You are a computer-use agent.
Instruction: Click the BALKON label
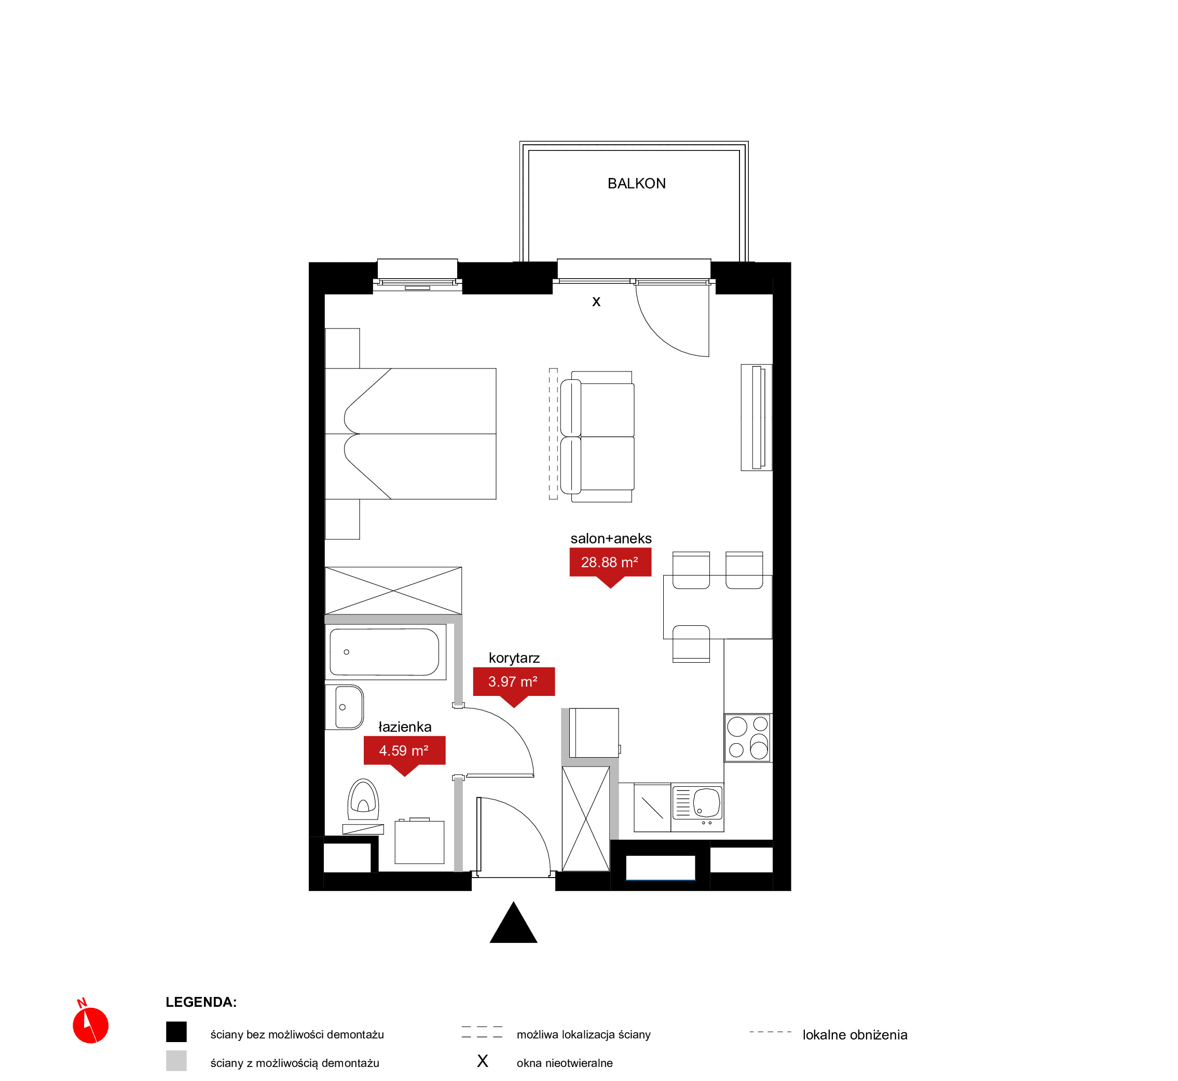(636, 184)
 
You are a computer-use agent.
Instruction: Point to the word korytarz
(514, 658)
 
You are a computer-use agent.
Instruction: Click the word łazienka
(405, 727)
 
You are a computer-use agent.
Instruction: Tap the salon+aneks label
(611, 539)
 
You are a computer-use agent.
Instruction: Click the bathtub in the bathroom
(385, 652)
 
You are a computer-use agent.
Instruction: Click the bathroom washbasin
(344, 707)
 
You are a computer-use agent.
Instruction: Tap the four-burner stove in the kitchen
(747, 737)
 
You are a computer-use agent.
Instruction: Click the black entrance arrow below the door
(514, 923)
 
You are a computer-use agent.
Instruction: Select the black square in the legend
(176, 1032)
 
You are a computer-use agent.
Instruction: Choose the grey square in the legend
(176, 1061)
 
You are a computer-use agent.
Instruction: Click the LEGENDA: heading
(201, 1002)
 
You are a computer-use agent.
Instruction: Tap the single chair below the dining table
(691, 644)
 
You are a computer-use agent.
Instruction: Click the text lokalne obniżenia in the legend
(855, 1035)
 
